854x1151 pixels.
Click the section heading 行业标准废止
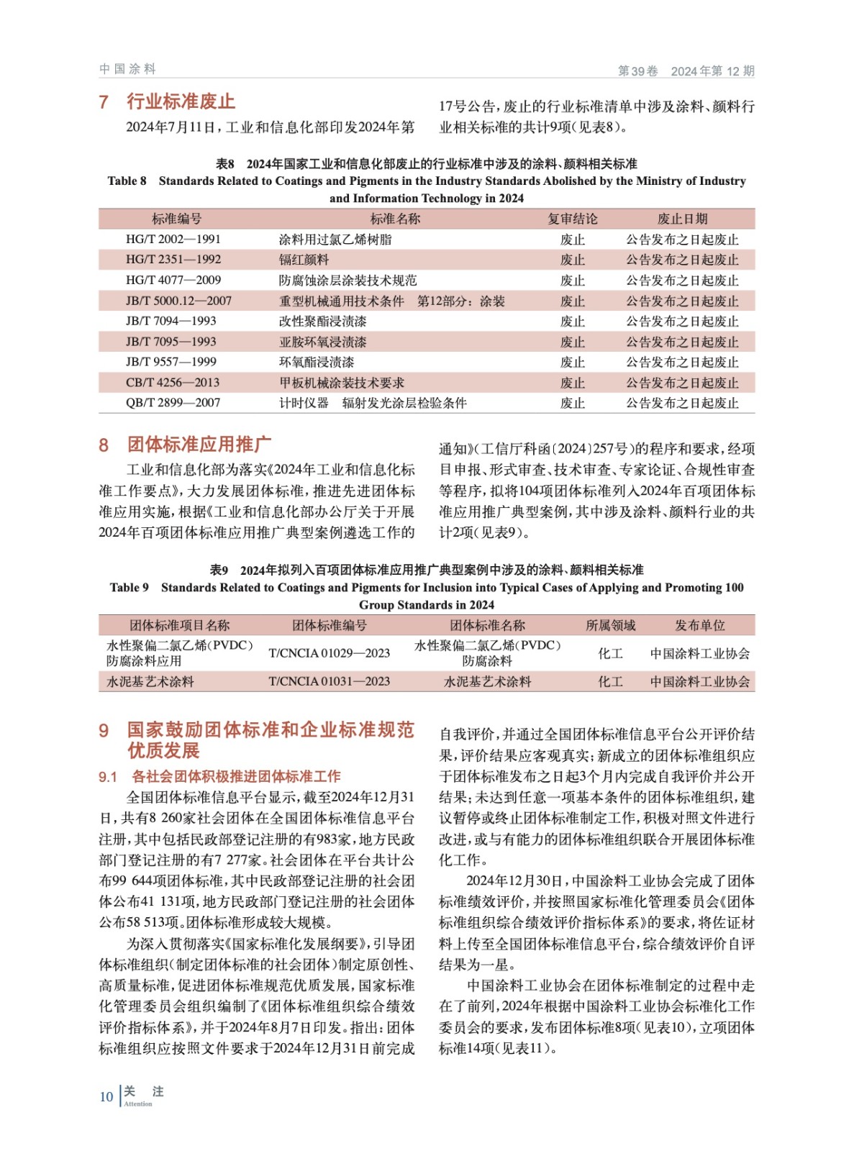click(181, 101)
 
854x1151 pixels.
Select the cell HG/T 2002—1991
click(173, 240)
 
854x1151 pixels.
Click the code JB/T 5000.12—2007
click(178, 301)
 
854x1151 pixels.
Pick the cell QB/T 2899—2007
click(173, 403)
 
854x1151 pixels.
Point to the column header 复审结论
click(572, 219)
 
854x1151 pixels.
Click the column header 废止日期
click(682, 219)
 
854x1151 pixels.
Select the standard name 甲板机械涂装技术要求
click(342, 383)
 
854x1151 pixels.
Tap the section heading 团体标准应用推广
click(199, 445)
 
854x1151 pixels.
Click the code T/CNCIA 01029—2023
click(329, 653)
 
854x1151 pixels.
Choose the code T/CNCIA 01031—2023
click(329, 681)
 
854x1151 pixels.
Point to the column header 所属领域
click(610, 625)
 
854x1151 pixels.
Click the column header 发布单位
click(699, 625)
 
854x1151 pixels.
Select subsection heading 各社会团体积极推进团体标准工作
click(236, 776)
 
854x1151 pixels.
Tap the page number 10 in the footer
click(106, 1096)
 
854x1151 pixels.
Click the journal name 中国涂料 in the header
click(128, 69)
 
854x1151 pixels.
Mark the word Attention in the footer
click(138, 1104)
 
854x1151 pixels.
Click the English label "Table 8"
click(127, 181)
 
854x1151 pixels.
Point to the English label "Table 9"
click(129, 587)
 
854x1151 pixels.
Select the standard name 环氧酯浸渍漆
click(317, 362)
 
